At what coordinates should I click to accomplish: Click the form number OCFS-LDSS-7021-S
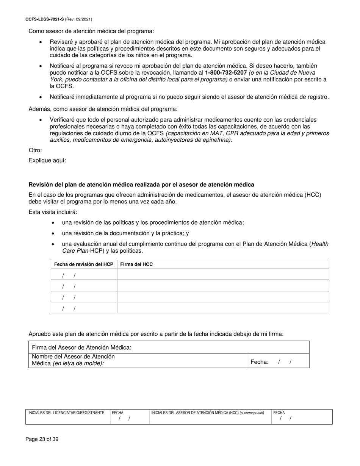45,19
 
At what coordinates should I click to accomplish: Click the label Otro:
35,150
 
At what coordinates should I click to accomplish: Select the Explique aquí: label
47,160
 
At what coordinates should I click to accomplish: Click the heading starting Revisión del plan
141,185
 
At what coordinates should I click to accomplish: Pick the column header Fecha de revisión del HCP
84,264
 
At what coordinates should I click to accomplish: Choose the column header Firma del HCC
136,264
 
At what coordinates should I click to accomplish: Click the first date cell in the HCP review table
84,275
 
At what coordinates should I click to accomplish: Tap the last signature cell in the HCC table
222,308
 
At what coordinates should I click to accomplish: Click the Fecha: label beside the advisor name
260,362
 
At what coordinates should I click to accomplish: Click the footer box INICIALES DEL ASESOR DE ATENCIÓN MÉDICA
210,417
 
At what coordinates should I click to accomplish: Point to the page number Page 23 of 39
42,439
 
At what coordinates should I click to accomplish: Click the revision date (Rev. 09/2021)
78,19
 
